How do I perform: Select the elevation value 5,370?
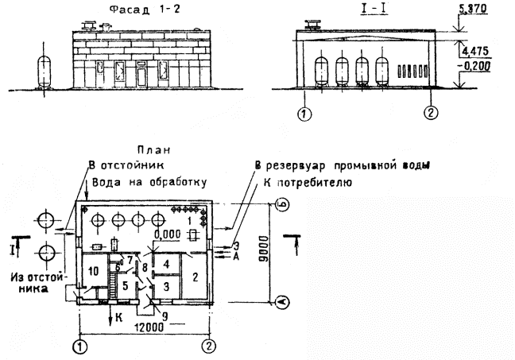(x=473, y=9)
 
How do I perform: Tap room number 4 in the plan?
(x=167, y=262)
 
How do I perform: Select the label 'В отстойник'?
(x=124, y=166)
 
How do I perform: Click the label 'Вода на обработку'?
(x=149, y=181)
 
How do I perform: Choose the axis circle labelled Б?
(x=281, y=205)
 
